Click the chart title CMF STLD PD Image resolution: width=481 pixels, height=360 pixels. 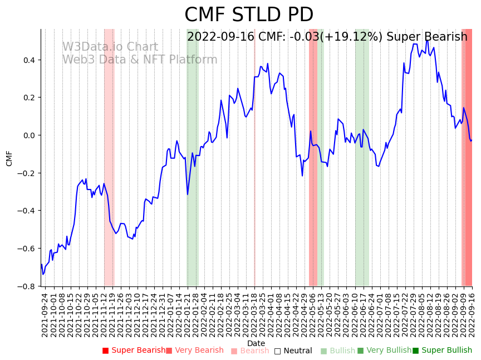pyautogui.click(x=249, y=15)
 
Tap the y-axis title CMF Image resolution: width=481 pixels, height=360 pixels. pyautogui.click(x=9, y=158)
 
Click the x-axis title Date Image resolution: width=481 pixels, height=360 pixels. pyautogui.click(x=256, y=343)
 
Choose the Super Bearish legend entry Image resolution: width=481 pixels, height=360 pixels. pyautogui.click(x=134, y=351)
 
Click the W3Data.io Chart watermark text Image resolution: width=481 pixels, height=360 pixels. pyautogui.click(x=110, y=47)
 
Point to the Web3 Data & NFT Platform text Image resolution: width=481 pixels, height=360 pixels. pyautogui.click(x=139, y=60)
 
